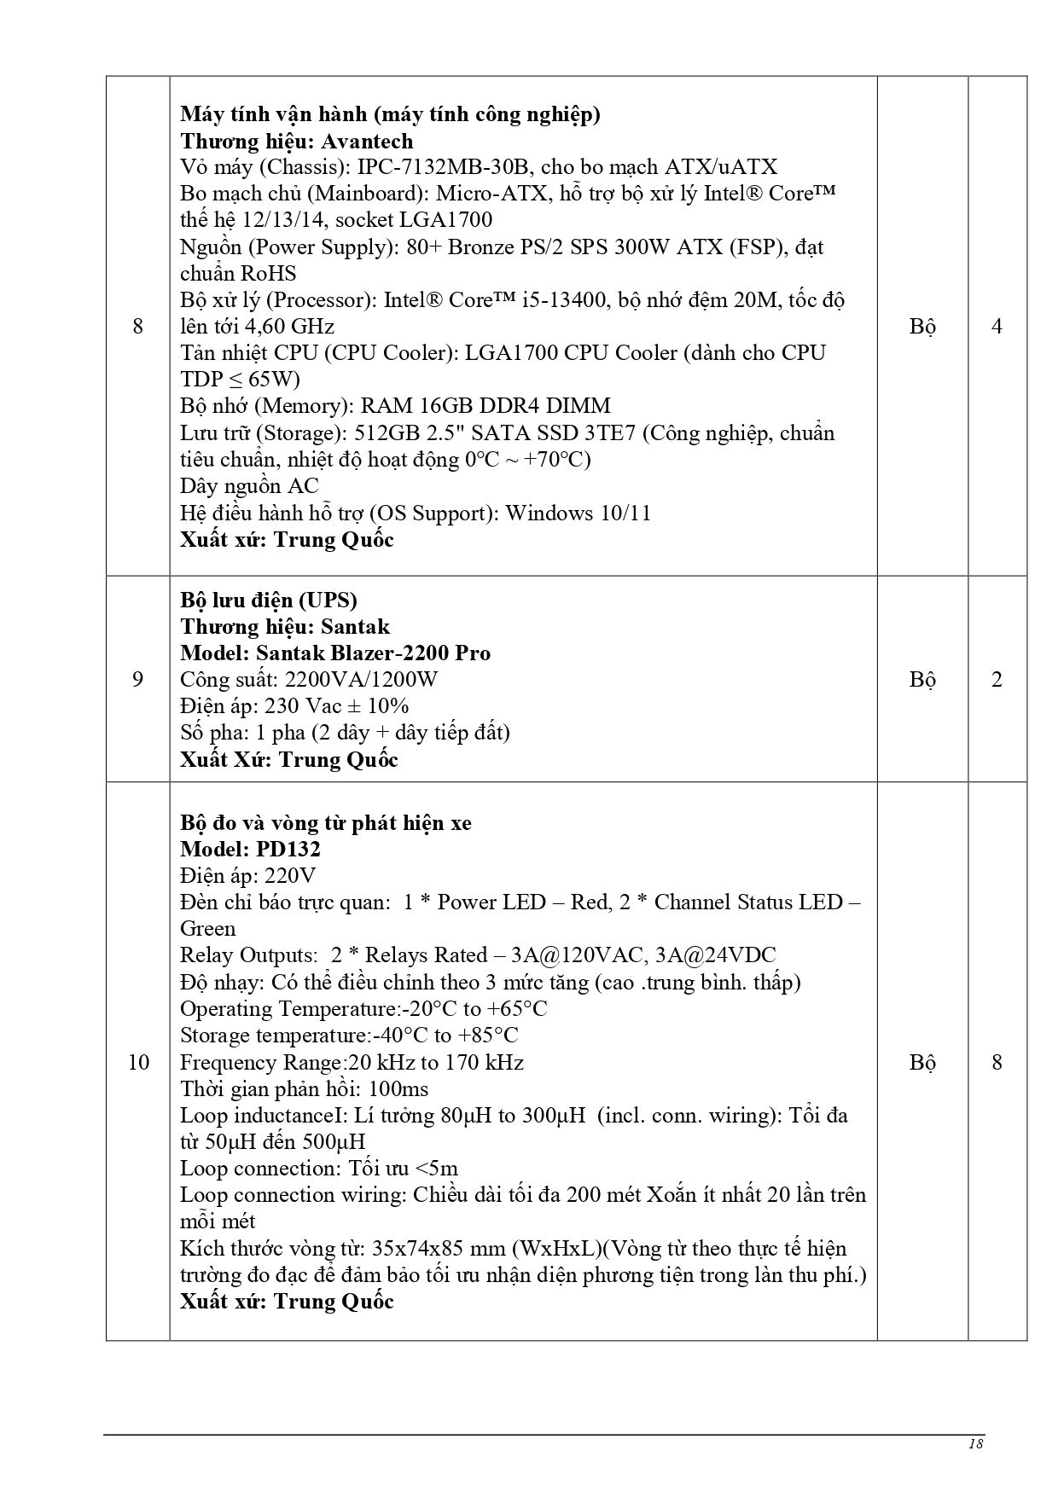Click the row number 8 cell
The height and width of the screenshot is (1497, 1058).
138,326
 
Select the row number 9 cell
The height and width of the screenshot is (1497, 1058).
138,680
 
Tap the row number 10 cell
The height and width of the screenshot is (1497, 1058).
138,1062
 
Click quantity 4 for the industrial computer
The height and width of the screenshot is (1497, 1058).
997,326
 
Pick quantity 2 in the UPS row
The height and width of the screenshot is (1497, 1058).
997,680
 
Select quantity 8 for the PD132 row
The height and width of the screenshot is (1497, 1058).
997,1062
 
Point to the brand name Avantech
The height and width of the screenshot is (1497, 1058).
366,141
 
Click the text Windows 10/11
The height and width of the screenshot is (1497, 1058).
578,513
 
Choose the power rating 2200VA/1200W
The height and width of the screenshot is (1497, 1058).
361,680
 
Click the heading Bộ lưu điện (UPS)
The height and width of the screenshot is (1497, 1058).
269,601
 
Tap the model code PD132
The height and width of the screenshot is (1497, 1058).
288,850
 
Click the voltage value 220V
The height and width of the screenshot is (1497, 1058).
290,876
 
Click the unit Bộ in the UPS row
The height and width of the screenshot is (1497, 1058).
922,680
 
